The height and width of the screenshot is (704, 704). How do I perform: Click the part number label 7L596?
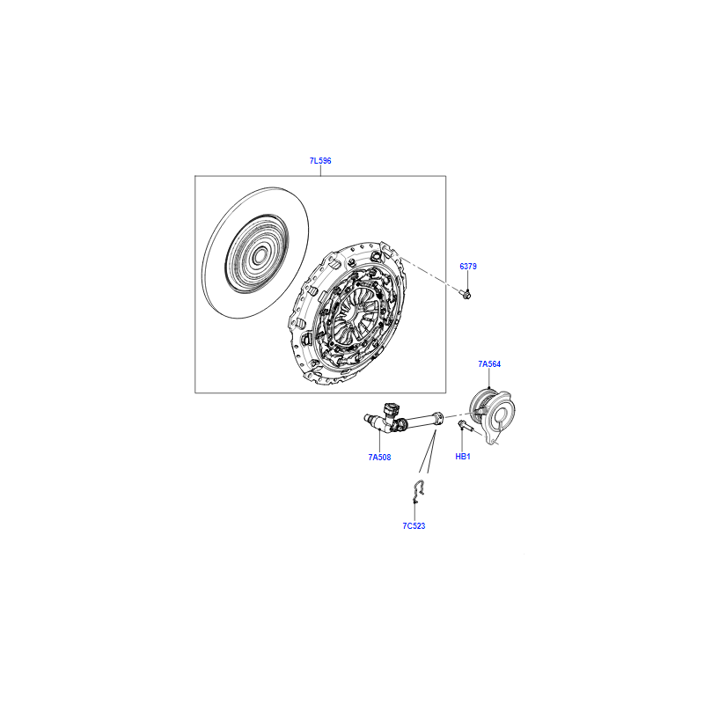(320, 161)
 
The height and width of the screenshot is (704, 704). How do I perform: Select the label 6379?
(468, 267)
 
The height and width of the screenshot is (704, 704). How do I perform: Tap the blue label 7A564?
(489, 364)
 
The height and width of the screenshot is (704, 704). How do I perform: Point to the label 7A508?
(379, 458)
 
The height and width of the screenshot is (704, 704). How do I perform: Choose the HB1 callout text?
(463, 457)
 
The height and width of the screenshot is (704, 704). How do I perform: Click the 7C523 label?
(414, 526)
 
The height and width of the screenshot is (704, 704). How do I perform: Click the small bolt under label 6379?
(466, 295)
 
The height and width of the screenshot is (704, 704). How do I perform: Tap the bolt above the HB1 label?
(465, 425)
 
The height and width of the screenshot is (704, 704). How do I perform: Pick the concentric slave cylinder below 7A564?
(492, 414)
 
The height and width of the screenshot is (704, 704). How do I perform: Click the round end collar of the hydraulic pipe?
(437, 416)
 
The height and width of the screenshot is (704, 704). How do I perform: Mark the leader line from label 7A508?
(380, 441)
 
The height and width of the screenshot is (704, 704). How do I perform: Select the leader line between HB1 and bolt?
(462, 441)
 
